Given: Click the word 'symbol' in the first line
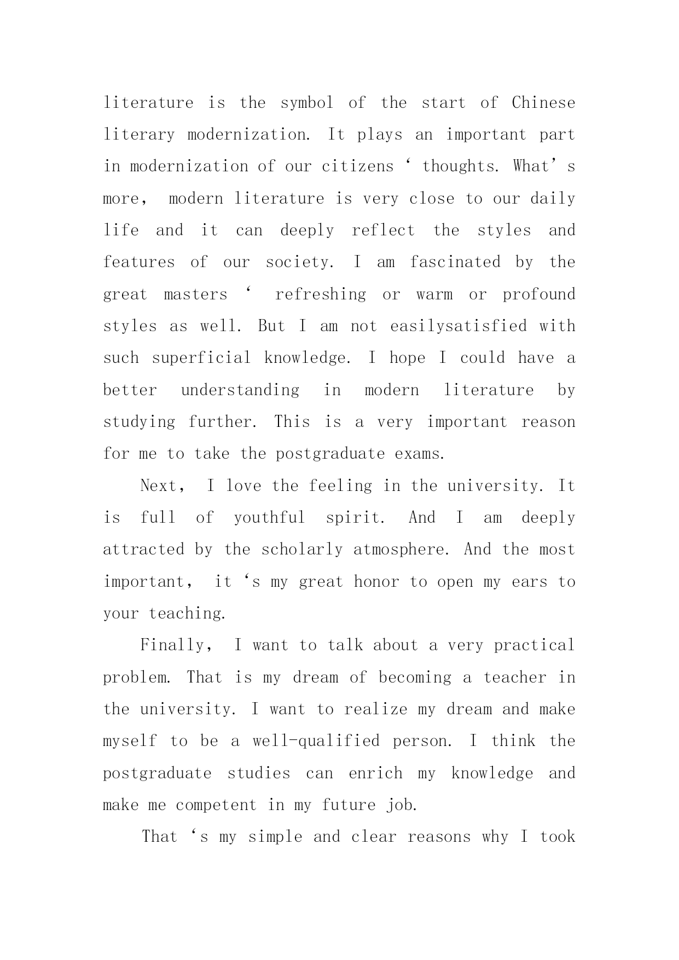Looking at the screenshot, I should coord(306,103).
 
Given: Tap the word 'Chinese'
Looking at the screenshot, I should coord(543,103).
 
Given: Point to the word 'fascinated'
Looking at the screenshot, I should coord(455,262).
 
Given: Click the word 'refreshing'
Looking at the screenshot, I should coord(321,294).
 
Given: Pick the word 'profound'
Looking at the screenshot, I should coord(539,294).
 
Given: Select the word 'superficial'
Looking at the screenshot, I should coord(201,358).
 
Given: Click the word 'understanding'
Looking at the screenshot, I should coord(240,390).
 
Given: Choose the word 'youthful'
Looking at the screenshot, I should coord(269,518).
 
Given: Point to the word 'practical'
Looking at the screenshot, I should coord(534,645).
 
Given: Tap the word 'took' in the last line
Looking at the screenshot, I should coord(558,837).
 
